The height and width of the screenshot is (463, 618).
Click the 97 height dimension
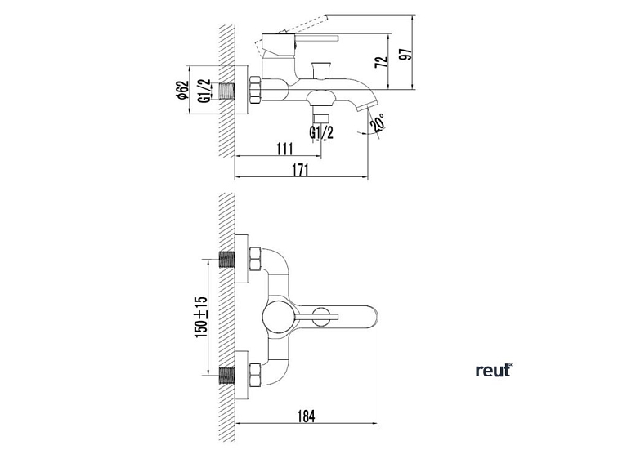click(405, 55)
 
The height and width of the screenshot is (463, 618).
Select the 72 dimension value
click(382, 62)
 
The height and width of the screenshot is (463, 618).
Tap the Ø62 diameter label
click(181, 90)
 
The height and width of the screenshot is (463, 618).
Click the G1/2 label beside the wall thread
click(204, 91)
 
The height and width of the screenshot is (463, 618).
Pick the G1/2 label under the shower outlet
click(321, 132)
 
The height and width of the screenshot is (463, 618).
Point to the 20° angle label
click(378, 122)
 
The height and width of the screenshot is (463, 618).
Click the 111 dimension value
click(284, 149)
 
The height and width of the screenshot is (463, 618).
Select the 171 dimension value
click(300, 170)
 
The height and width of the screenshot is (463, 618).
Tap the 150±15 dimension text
click(200, 317)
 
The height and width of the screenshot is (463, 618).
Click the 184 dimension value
click(307, 416)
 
